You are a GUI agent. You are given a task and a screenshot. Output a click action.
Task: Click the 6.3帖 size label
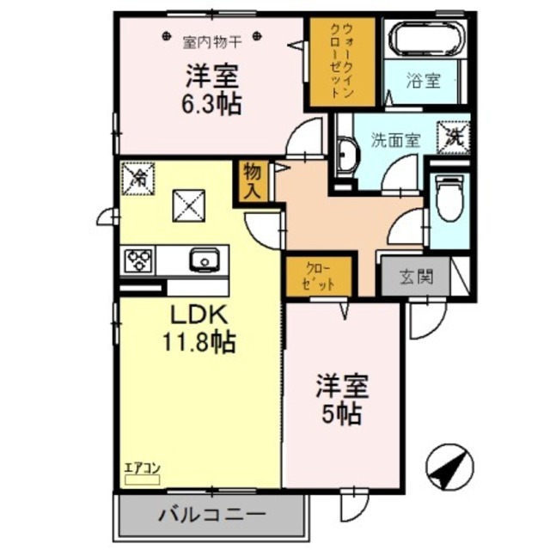tap(211, 104)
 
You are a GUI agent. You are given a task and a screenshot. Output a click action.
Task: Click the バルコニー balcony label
tap(211, 516)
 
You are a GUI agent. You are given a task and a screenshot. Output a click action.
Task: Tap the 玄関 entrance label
tap(415, 278)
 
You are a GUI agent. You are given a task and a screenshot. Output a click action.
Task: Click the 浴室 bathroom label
tap(424, 82)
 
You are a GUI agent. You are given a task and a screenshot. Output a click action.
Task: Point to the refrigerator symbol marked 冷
tap(137, 177)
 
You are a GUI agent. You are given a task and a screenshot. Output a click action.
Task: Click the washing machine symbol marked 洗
tap(455, 135)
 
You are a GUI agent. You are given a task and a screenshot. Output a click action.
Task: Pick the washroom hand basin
tap(347, 157)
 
